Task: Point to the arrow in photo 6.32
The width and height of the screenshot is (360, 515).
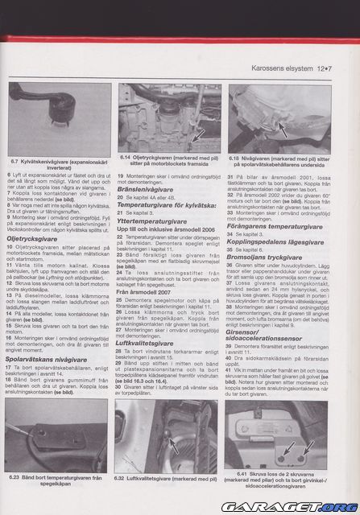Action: pyautogui.click(x=172, y=443)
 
